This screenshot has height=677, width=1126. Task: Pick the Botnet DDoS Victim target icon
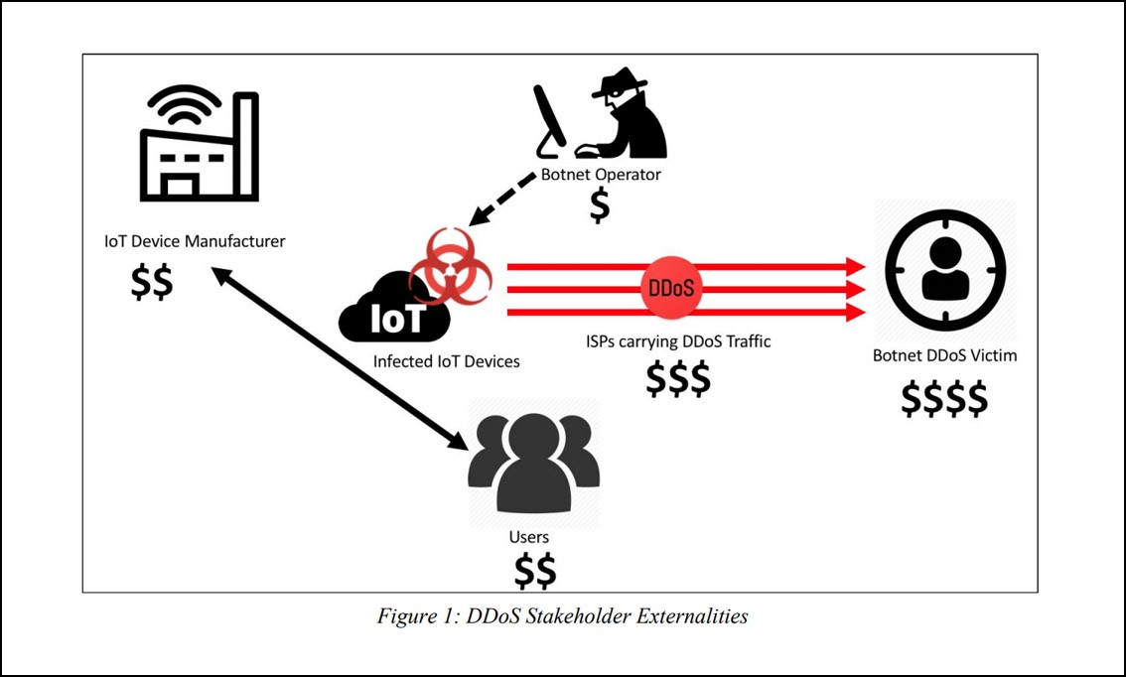(x=944, y=269)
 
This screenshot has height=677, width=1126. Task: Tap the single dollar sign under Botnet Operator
(x=599, y=204)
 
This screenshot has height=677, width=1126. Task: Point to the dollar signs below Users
(x=534, y=571)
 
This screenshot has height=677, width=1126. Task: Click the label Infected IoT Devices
(x=446, y=361)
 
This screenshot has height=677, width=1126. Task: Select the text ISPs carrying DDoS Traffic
(x=678, y=341)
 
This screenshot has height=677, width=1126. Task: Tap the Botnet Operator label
(x=601, y=175)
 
